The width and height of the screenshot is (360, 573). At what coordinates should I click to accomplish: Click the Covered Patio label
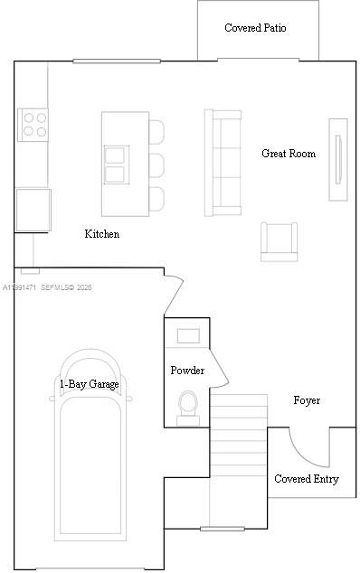pos(255,28)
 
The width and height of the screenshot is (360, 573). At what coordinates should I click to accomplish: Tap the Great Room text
pos(289,154)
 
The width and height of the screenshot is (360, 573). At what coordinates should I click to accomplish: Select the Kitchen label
pos(101,234)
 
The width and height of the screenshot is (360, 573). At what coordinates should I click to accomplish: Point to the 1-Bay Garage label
pos(89,383)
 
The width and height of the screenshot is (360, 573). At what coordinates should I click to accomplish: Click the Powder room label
pos(187,371)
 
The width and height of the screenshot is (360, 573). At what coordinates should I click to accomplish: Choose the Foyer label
pos(307,399)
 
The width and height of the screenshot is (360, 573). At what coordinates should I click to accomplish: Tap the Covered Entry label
pos(307,479)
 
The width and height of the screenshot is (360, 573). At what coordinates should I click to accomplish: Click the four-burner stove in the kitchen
pos(33,124)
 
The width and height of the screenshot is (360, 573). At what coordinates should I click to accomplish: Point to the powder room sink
pos(188,336)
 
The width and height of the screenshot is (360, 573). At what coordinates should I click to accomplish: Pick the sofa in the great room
pos(223,163)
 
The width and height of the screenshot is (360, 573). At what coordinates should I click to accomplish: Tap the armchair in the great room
pos(279,240)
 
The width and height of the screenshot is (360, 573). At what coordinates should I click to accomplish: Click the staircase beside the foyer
pos(239,461)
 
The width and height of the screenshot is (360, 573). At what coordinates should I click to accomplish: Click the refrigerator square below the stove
pos(33,209)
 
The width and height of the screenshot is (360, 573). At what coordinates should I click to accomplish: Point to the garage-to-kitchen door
pos(173,291)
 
